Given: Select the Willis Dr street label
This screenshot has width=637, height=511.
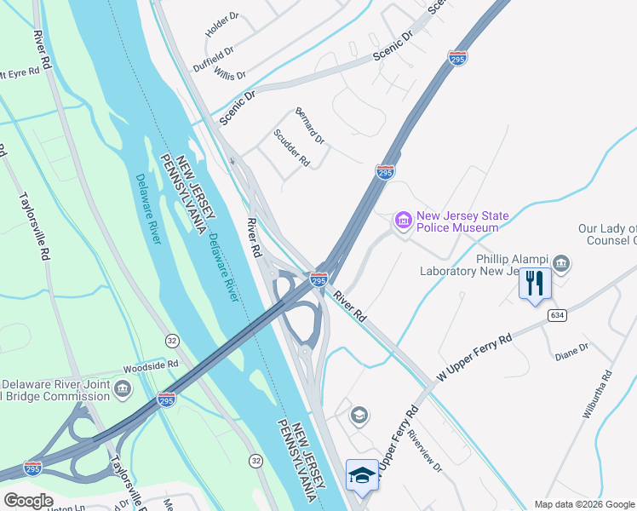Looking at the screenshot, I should click(230, 76).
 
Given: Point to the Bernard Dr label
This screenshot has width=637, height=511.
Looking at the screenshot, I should click(309, 125).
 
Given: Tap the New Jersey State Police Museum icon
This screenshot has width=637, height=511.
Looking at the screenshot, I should click(403, 221).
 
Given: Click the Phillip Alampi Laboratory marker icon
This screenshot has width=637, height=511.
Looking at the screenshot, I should click(561, 261).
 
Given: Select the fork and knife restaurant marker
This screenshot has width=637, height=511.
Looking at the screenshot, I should click(535, 283).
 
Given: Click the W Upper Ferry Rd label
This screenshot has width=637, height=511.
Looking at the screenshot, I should click(473, 357).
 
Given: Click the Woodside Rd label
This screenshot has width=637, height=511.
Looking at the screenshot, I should click(150, 364).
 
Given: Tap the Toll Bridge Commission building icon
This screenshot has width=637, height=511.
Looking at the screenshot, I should click(123, 390).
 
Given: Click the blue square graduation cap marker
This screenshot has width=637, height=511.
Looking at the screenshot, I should click(362, 476).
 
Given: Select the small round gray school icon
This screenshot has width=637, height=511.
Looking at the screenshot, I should click(359, 415).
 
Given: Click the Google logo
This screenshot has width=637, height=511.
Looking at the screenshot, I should click(27, 501).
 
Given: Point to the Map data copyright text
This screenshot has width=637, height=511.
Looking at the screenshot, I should click(584, 504).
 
